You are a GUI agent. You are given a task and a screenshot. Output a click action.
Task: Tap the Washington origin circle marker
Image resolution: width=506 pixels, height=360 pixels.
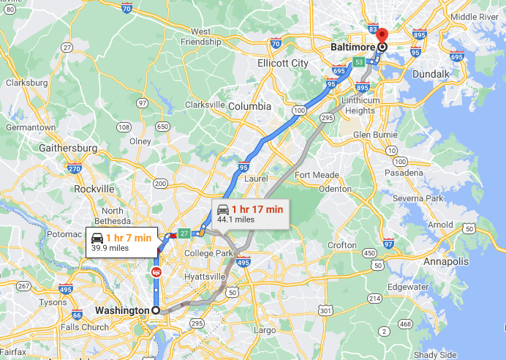tap(156, 310)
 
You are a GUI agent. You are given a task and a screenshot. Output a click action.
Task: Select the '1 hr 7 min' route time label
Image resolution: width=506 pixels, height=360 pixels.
tap(128, 237)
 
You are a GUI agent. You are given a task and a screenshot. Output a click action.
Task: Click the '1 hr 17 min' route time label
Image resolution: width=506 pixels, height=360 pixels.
tap(257, 209)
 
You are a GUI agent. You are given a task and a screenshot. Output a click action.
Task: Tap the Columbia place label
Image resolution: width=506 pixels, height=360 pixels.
tap(249, 106)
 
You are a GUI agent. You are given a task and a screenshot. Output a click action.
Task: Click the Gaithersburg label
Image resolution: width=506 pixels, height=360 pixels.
tap(71, 148)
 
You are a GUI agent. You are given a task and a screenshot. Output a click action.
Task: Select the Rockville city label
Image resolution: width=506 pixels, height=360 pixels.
tap(94, 189)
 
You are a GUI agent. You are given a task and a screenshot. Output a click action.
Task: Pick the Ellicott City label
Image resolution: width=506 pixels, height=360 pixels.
tap(283, 64)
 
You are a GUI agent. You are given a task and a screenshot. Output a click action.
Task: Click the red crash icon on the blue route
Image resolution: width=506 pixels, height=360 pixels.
tap(156, 272)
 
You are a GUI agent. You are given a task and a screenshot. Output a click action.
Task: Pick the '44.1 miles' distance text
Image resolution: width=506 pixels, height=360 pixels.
tap(235, 219)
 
